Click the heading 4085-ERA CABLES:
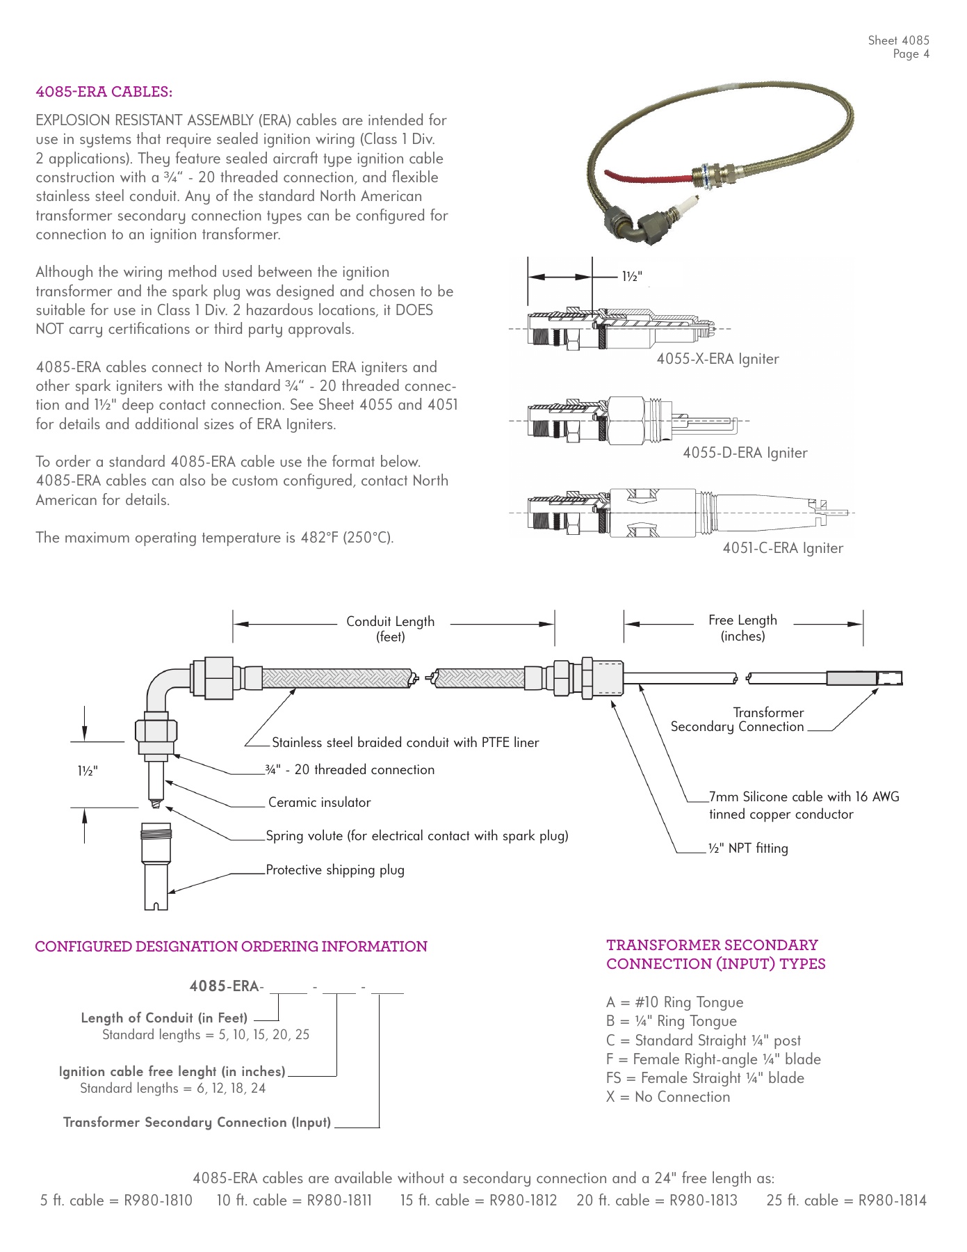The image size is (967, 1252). click(104, 92)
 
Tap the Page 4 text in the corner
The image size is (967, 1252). click(911, 54)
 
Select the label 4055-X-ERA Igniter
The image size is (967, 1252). click(717, 359)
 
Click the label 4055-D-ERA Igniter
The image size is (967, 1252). click(745, 453)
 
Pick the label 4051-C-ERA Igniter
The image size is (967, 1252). click(783, 548)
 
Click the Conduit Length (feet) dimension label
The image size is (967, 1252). click(390, 629)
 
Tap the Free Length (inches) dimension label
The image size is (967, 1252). click(742, 627)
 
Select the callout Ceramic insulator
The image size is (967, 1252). click(319, 803)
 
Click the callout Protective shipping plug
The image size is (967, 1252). click(335, 870)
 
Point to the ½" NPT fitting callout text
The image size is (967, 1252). click(748, 849)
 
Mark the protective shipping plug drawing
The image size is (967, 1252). click(156, 866)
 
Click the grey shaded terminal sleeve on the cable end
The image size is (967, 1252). click(852, 678)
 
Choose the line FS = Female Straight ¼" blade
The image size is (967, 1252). click(705, 1078)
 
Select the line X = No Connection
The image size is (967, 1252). click(668, 1097)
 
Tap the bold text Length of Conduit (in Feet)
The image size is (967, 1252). click(164, 1018)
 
